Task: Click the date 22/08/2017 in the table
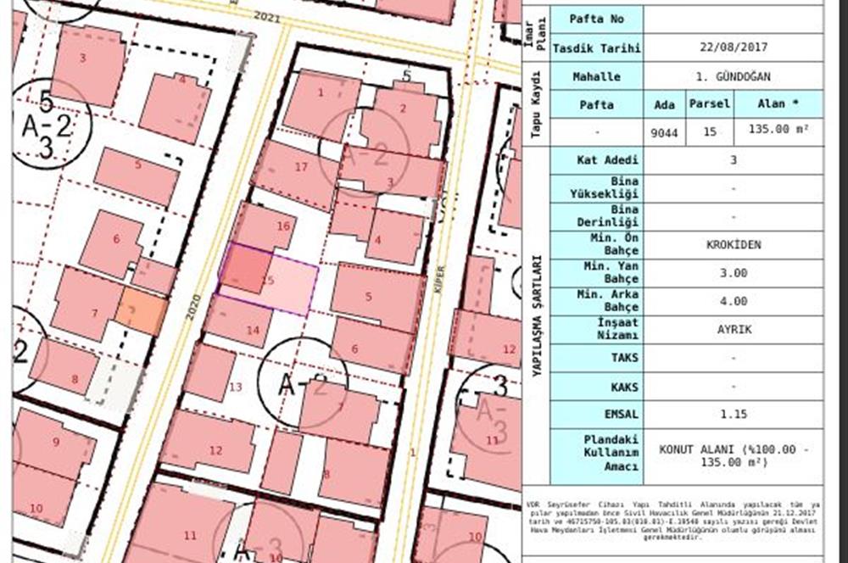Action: [733, 47]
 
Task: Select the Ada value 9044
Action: [665, 131]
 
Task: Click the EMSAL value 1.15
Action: [733, 415]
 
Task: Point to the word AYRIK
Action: [733, 329]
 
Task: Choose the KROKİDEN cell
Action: [733, 245]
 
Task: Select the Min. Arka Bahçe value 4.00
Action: [733, 301]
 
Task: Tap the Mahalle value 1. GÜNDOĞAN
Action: [733, 76]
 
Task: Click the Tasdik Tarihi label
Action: [596, 47]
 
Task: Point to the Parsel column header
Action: [709, 104]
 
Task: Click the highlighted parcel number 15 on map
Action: [269, 280]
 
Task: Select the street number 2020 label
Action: [194, 306]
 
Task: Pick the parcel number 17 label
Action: [301, 167]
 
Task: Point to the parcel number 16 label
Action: [283, 226]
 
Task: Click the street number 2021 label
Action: [267, 16]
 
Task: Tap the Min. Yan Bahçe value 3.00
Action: [733, 273]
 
